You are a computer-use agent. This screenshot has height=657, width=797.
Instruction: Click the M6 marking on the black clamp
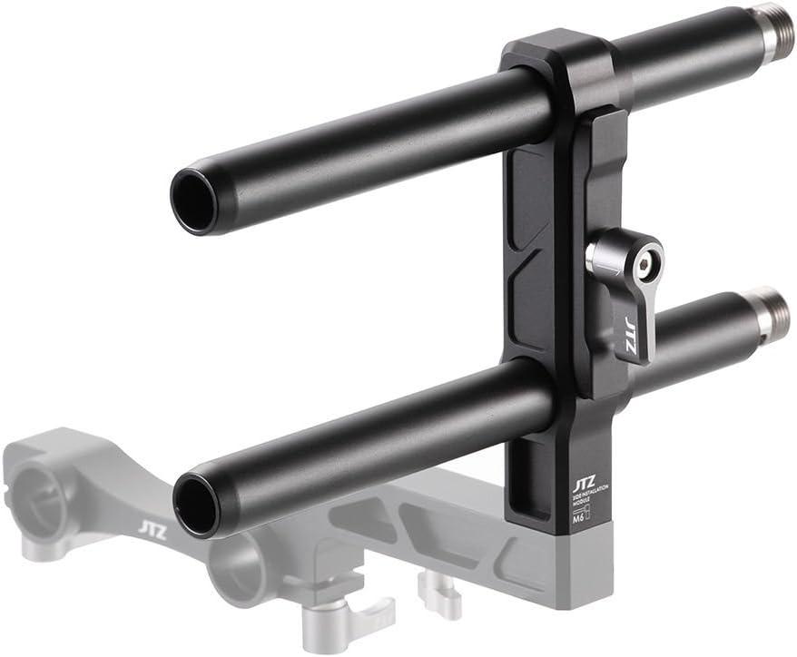tap(576, 518)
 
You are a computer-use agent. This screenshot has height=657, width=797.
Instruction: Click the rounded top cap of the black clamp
tap(563, 54)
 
